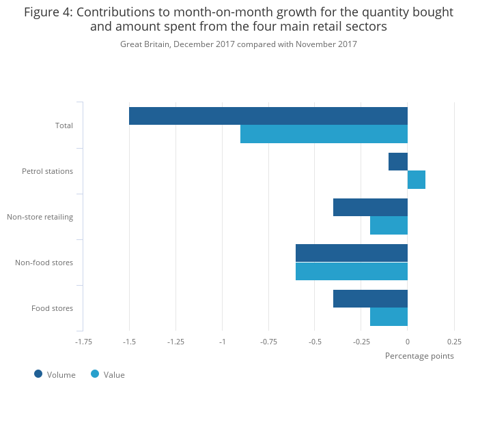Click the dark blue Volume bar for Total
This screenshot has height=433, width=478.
click(268, 116)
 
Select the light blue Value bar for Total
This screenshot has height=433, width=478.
click(324, 134)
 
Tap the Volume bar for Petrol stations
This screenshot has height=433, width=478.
click(398, 162)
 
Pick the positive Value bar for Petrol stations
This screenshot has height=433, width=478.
click(417, 180)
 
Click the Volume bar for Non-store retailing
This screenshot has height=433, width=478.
click(370, 207)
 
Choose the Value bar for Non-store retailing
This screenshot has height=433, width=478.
click(389, 226)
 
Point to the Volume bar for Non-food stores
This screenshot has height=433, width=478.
click(352, 253)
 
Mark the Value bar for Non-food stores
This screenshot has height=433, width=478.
click(352, 271)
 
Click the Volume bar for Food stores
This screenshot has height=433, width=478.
click(370, 299)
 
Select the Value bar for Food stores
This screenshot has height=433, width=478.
click(389, 317)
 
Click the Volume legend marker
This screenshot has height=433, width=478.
click(38, 374)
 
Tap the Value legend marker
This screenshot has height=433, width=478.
click(95, 374)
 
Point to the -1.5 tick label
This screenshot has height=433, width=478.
click(129, 342)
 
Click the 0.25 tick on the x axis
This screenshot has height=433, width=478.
click(454, 342)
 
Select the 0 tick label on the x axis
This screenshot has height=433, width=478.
click(408, 342)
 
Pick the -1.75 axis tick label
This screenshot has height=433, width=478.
click(83, 342)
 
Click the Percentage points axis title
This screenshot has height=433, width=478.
click(419, 356)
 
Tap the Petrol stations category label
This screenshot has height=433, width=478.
click(47, 171)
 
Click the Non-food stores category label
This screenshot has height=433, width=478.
click(44, 263)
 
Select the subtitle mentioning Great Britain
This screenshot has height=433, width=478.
click(238, 44)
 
